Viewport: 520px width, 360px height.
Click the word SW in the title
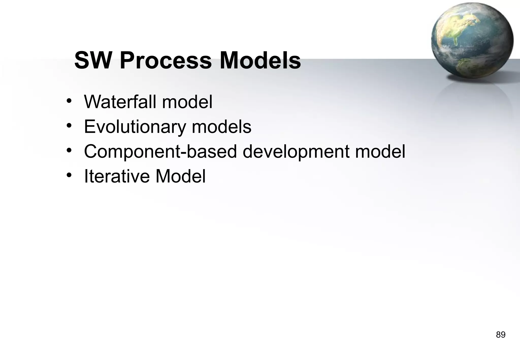[93, 61]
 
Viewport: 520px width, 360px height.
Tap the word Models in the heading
[260, 61]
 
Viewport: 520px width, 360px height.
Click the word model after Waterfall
[187, 102]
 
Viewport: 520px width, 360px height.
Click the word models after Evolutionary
[221, 127]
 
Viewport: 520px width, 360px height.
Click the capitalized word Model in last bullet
[180, 176]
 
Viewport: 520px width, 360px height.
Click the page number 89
[500, 335]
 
